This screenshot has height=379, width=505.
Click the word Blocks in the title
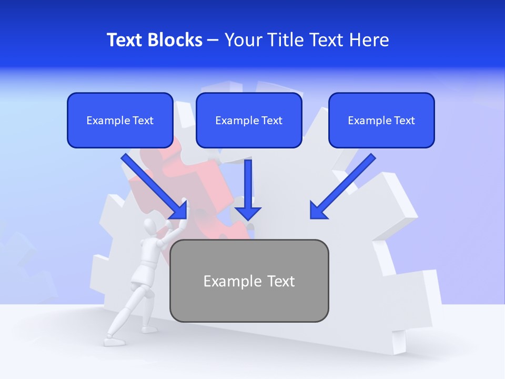coord(173,40)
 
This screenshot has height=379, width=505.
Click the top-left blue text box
coord(120,120)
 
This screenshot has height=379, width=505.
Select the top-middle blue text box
coord(249,120)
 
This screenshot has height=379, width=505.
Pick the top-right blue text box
coord(381,120)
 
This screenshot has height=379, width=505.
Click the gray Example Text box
coord(249,281)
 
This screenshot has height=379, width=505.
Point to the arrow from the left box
coord(155,186)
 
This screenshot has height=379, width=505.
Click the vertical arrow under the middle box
coord(248,189)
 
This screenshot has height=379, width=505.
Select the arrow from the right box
coord(342,187)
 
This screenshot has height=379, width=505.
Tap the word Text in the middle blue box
coord(271,121)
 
